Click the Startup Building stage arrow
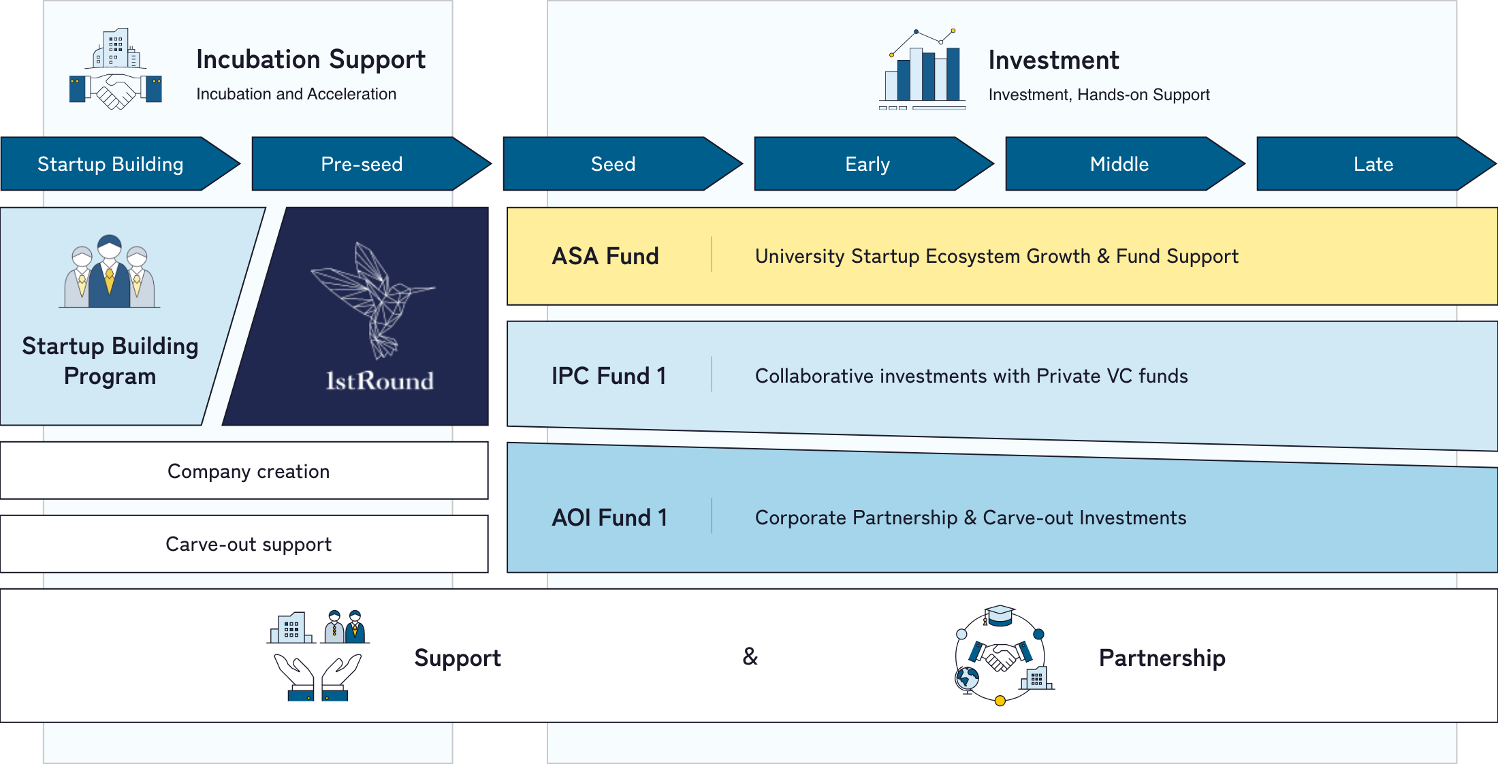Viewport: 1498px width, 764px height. [110, 164]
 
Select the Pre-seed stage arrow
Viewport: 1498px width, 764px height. [362, 164]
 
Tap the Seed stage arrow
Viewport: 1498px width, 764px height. [613, 164]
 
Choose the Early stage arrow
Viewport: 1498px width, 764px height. [867, 164]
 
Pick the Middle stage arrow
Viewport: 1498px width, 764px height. [1119, 164]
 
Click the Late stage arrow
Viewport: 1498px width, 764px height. [1373, 164]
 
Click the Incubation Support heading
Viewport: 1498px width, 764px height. [310, 60]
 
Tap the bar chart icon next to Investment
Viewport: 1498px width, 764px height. [923, 70]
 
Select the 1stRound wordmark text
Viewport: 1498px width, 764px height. [379, 381]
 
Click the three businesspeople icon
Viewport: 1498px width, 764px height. [110, 272]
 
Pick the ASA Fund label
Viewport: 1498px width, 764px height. [605, 256]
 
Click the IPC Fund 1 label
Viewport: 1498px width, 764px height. [609, 376]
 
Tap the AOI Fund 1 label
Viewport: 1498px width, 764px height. [609, 518]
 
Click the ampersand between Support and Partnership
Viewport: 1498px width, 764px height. [750, 656]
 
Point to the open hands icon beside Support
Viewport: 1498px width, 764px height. [318, 656]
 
